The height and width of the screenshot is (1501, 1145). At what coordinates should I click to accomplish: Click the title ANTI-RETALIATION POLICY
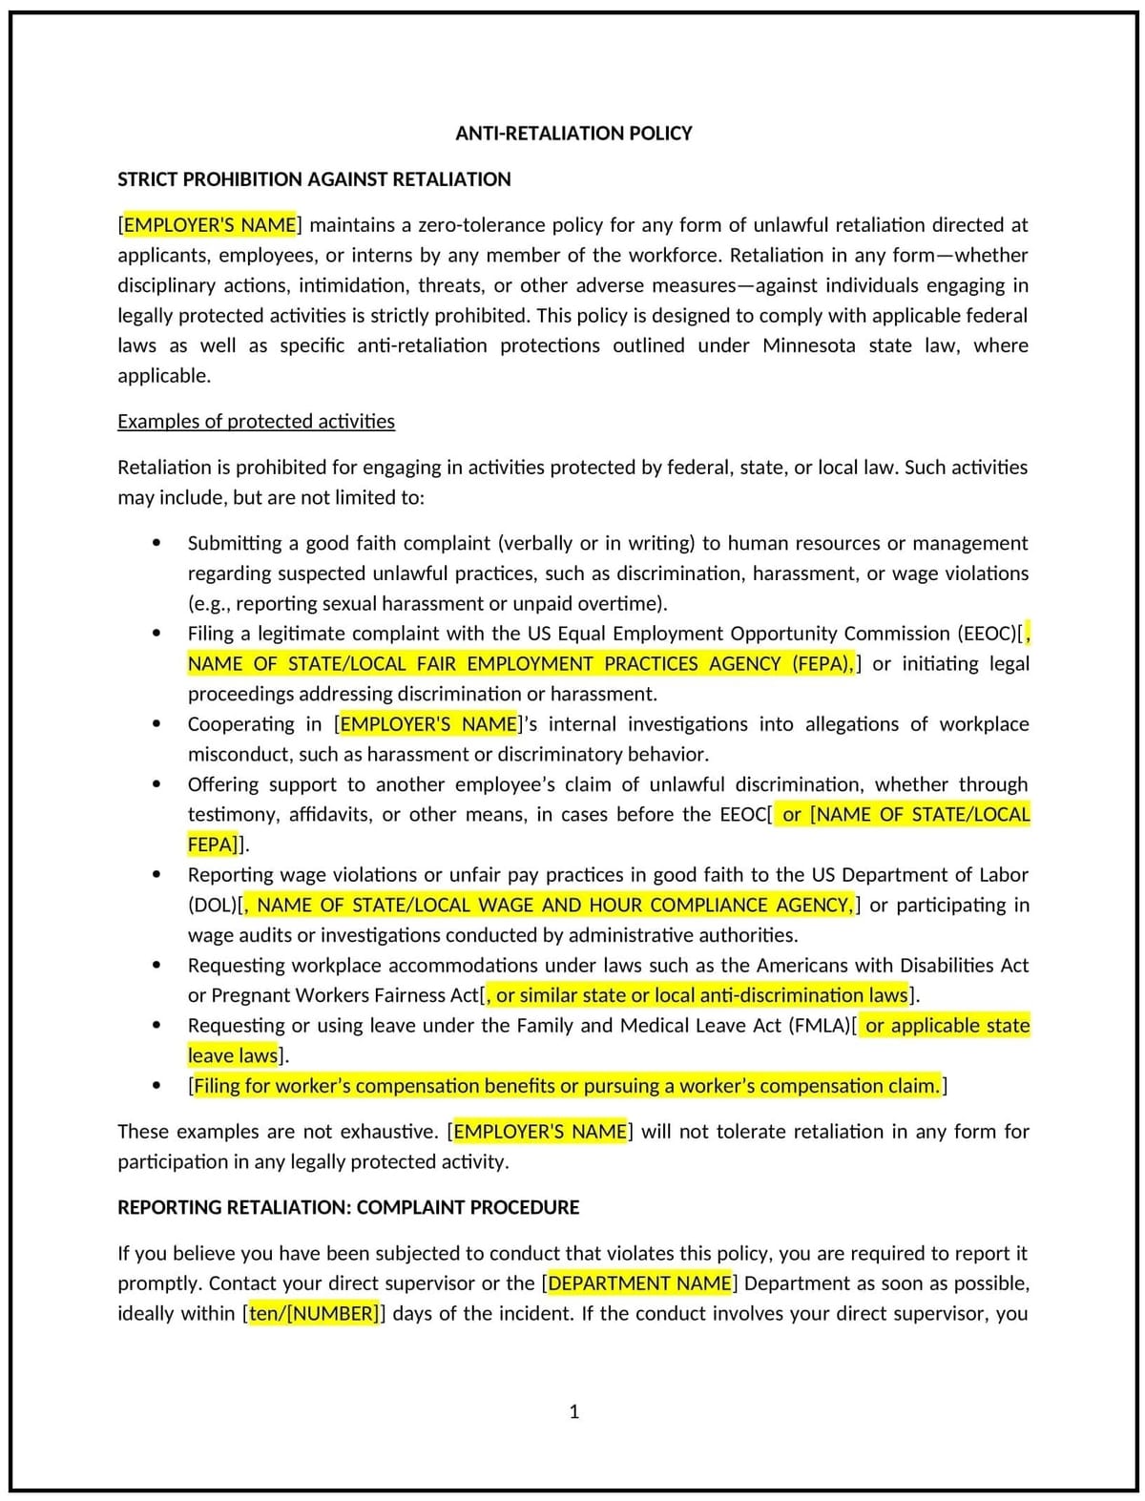click(573, 134)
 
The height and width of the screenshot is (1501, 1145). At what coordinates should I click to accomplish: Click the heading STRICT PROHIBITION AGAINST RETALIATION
click(314, 179)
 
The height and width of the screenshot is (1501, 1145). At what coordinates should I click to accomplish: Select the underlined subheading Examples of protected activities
click(256, 422)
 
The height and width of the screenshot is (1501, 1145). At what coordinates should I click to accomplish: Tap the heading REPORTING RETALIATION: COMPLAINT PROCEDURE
click(348, 1208)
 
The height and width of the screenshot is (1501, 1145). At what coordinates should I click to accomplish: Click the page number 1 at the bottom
click(574, 1411)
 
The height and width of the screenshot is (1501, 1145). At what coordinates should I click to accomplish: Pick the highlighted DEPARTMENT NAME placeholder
click(639, 1283)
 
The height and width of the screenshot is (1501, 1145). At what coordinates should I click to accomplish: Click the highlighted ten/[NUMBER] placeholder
click(314, 1314)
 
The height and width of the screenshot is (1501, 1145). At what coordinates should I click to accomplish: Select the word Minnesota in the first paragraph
click(808, 345)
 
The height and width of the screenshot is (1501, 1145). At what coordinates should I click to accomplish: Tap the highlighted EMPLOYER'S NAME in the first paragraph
click(210, 225)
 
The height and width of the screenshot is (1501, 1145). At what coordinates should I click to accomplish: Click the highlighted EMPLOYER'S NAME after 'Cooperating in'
click(428, 724)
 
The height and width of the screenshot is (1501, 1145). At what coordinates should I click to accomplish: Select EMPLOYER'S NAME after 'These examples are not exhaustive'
click(540, 1132)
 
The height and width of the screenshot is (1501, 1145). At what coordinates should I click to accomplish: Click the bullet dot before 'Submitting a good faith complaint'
click(156, 543)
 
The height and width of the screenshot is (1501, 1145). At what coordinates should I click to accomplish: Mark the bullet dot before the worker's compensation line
click(156, 1086)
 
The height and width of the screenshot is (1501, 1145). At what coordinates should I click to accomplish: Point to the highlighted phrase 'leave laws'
click(233, 1056)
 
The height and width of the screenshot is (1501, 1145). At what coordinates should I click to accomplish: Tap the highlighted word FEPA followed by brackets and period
click(211, 844)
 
